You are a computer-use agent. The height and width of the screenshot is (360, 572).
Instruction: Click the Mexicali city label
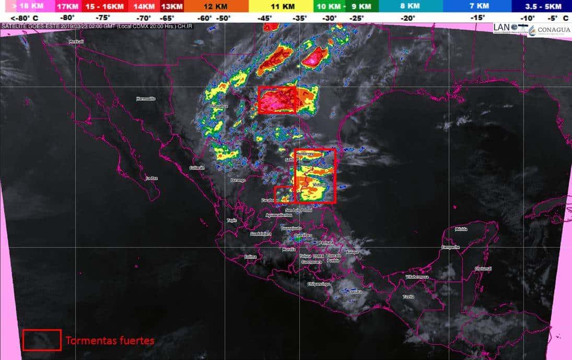click(x=76, y=41)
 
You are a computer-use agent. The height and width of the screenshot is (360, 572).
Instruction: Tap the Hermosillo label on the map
click(x=146, y=98)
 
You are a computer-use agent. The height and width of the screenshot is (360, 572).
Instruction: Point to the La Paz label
click(x=151, y=178)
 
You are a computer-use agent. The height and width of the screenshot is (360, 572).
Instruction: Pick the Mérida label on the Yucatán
click(x=461, y=229)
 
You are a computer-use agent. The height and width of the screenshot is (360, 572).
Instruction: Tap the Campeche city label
click(x=450, y=247)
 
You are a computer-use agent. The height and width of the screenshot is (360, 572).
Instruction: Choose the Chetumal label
click(x=483, y=269)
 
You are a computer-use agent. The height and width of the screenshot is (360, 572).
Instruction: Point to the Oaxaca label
click(x=356, y=292)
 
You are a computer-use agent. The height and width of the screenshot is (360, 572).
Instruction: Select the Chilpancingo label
click(x=318, y=284)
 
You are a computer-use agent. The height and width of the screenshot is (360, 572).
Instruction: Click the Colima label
click(x=251, y=257)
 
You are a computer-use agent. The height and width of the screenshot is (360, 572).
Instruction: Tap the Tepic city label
click(x=231, y=220)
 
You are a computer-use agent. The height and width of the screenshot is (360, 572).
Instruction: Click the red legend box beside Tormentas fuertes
click(x=42, y=340)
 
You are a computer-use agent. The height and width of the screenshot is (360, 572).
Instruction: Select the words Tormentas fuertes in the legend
click(x=110, y=341)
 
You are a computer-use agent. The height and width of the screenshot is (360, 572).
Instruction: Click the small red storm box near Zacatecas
click(x=285, y=194)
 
